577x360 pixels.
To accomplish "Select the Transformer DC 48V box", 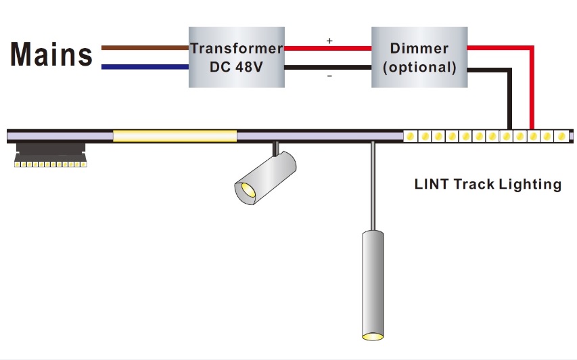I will click(235, 58).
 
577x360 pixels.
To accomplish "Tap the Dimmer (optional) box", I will click(419, 58).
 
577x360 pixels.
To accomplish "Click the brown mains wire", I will click(144, 48).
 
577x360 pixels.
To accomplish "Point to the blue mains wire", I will click(144, 67).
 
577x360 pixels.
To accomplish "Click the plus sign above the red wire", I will click(329, 41).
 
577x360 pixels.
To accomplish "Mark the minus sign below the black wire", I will click(329, 76).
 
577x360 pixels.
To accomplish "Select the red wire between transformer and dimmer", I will click(327, 49).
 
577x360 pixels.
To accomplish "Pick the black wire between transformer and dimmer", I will click(327, 68).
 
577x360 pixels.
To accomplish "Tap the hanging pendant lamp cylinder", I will click(373, 284).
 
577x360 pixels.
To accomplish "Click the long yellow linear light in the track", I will click(175, 136).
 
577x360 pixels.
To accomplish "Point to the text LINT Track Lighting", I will click(488, 184).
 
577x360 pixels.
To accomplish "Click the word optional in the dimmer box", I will click(419, 68).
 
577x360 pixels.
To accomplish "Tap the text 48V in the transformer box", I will click(254, 68).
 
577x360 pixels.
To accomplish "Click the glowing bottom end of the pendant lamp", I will click(373, 336).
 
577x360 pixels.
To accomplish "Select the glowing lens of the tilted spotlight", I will click(245, 192).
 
